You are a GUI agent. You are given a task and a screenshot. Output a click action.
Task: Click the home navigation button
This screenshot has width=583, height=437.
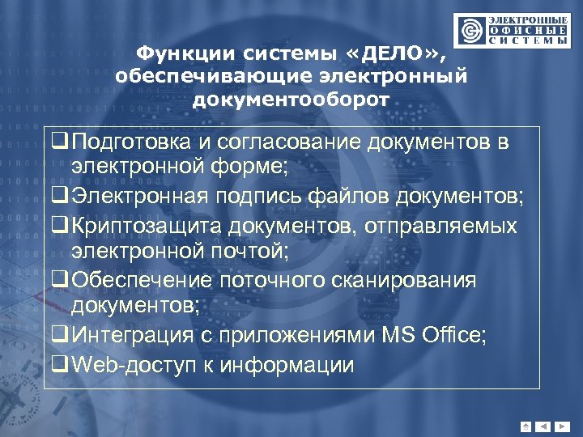pyautogui.click(x=526, y=426)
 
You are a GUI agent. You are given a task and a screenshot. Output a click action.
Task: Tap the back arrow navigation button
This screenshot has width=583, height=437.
pyautogui.click(x=543, y=426)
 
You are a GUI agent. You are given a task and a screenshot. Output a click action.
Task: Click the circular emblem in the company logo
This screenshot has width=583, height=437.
pyautogui.click(x=470, y=30)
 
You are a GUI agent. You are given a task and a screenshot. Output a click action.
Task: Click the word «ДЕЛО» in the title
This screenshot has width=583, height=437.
pyautogui.click(x=394, y=53)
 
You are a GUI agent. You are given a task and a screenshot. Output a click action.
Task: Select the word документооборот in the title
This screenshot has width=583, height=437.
pyautogui.click(x=291, y=100)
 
